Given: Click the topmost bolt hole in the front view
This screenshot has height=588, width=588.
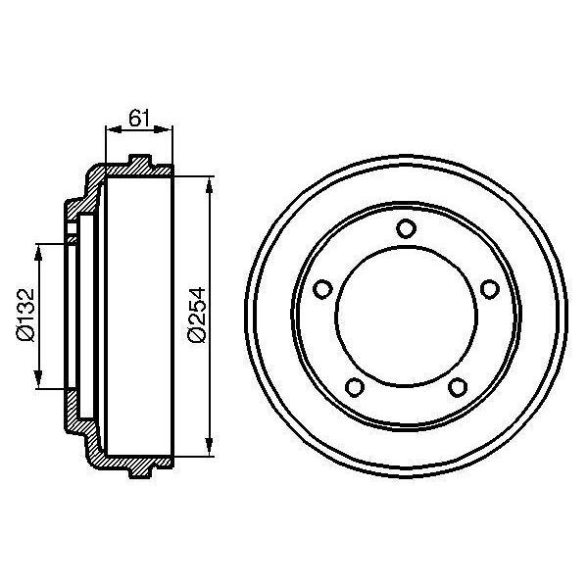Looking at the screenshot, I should tap(406, 228).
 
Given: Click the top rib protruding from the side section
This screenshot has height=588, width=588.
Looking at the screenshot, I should tap(140, 160).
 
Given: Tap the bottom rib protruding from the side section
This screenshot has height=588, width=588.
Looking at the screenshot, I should tap(140, 473).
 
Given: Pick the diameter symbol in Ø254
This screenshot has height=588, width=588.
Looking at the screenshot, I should tap(197, 335).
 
